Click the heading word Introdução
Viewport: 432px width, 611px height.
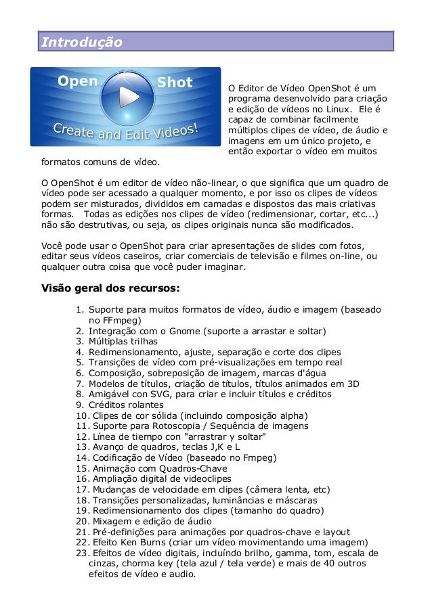(x=82, y=43)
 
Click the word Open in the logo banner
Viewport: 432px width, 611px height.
(x=78, y=82)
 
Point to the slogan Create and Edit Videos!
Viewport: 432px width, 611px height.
(x=125, y=129)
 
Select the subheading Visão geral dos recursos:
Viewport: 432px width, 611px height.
(x=111, y=288)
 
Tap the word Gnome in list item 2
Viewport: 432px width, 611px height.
(x=179, y=331)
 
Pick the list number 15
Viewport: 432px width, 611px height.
(x=81, y=468)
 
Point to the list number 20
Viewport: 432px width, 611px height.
(x=81, y=521)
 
